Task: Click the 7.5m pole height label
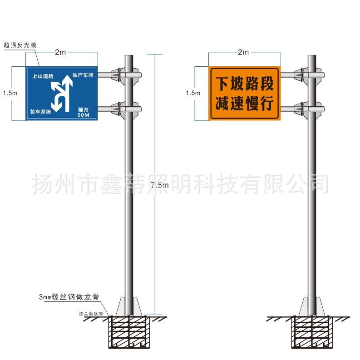point(159,185)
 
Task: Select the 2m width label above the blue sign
point(61,53)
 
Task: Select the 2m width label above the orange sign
point(243,53)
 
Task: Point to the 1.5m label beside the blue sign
point(10,93)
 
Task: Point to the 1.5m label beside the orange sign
point(193,93)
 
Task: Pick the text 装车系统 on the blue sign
point(41,111)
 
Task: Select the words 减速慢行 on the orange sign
point(244,104)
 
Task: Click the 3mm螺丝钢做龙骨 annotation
point(69,297)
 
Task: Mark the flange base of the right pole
point(312,306)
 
